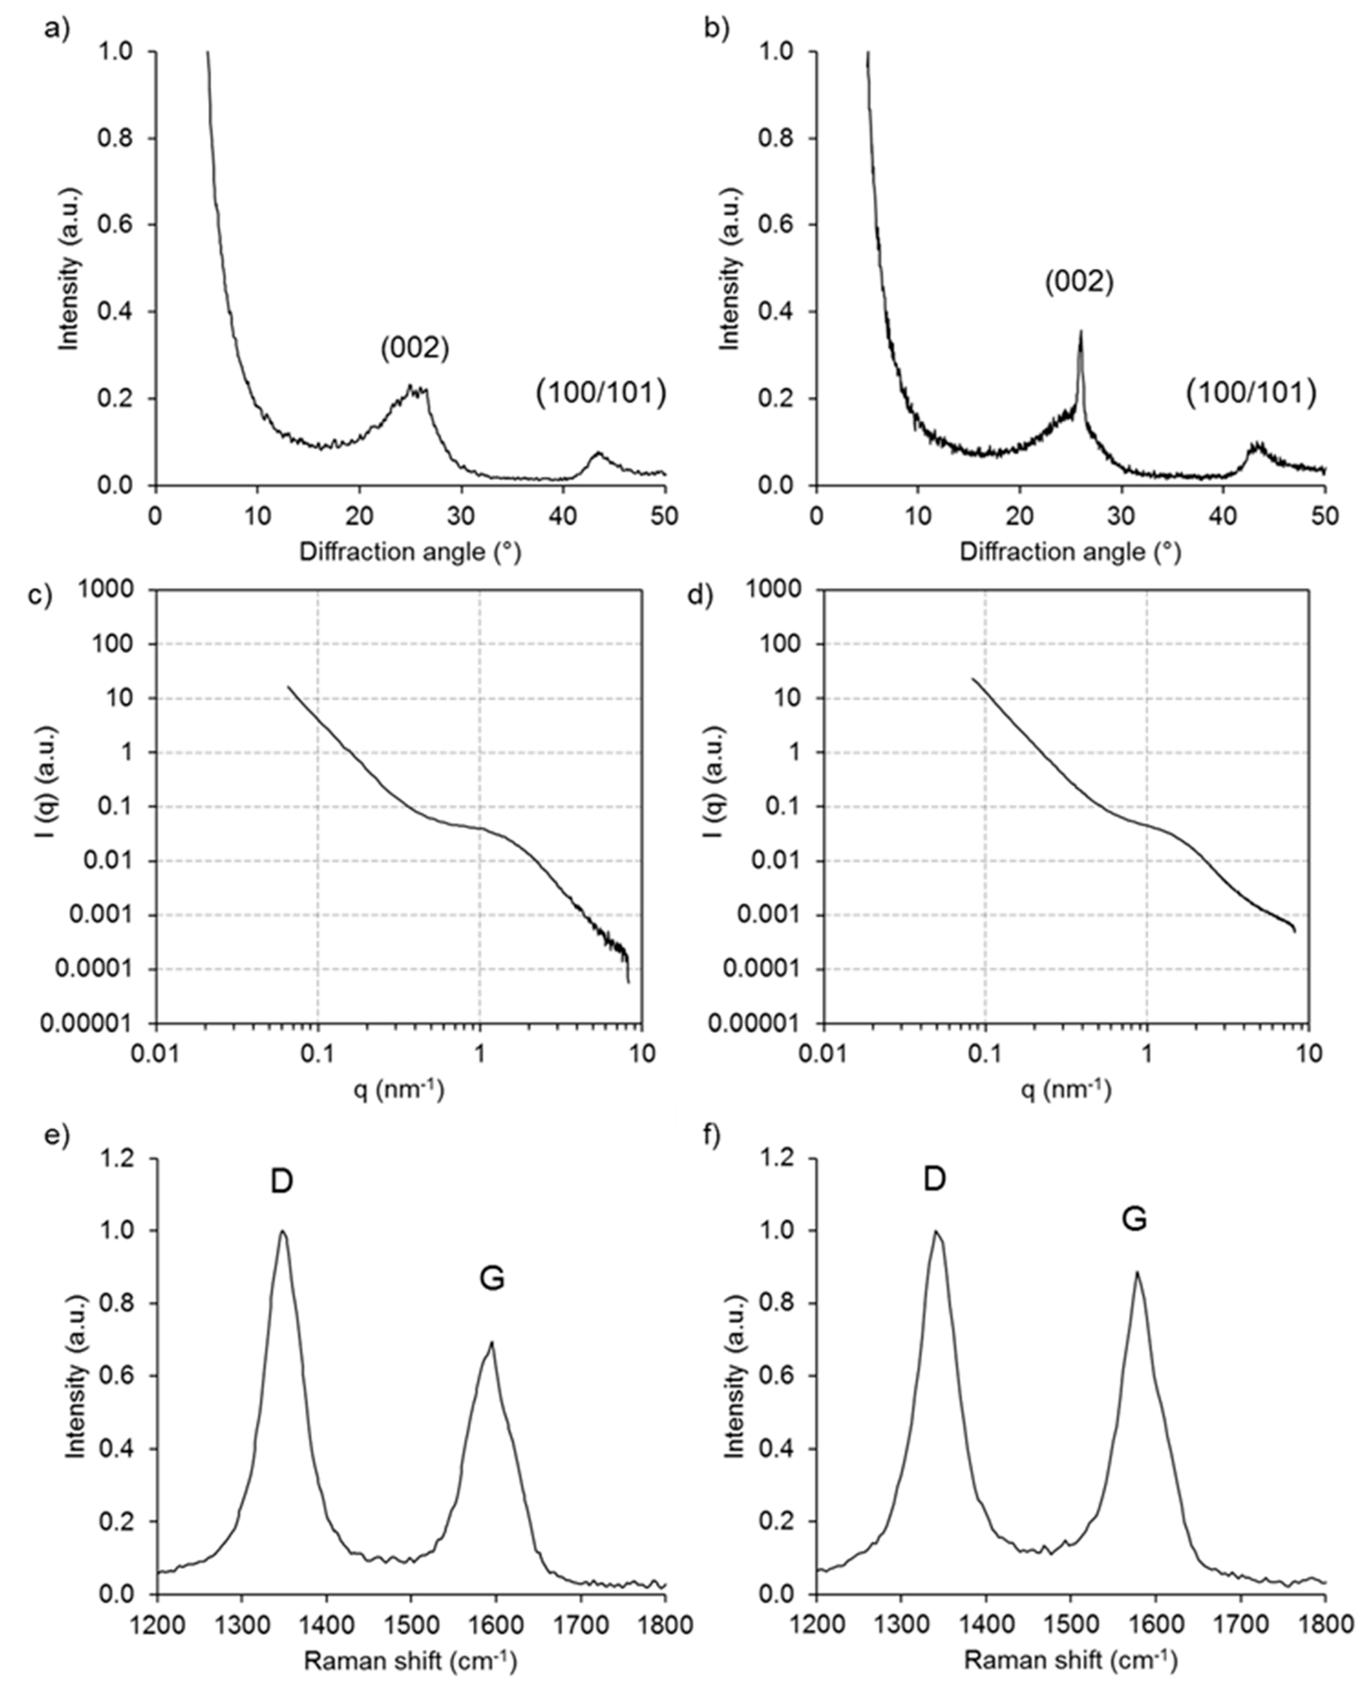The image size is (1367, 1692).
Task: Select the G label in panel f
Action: tap(1134, 1219)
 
